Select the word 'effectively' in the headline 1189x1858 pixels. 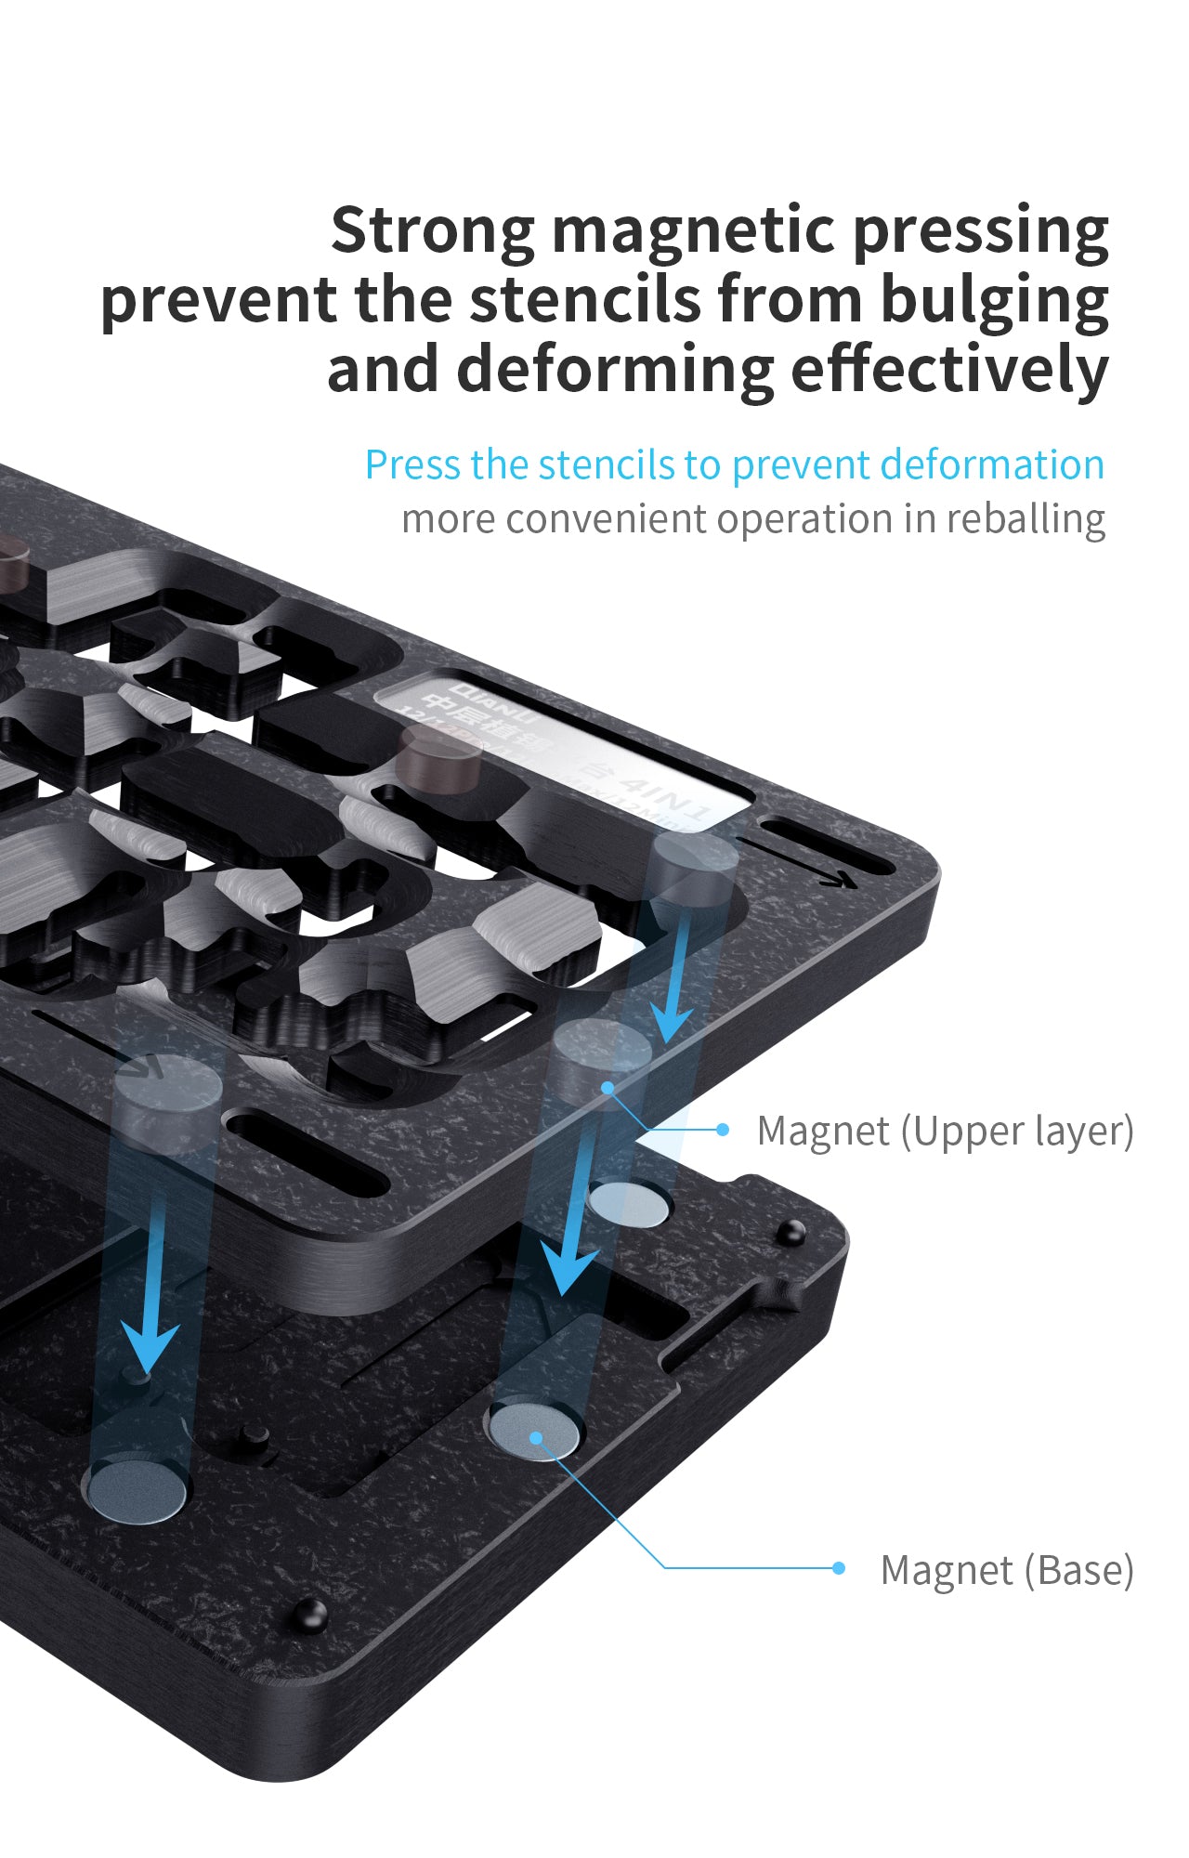point(949,370)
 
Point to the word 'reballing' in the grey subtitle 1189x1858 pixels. point(1026,519)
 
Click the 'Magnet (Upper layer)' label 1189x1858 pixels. point(945,1131)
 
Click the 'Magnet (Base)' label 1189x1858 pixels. point(1007,1570)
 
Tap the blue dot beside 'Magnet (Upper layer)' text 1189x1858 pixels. point(723,1129)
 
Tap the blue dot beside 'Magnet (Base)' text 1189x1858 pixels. point(839,1568)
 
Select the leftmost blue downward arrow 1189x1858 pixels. point(151,1301)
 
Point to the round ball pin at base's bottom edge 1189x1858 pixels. point(310,1615)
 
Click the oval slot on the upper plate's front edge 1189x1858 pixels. point(307,1154)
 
